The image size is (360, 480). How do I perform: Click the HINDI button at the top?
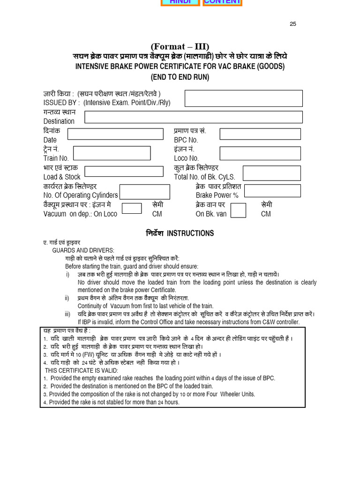(180, 2)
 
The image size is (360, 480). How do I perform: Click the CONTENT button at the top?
(223, 2)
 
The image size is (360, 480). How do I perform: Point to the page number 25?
(293, 24)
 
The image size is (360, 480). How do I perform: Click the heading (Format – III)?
(180, 46)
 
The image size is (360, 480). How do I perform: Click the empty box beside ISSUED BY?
(243, 98)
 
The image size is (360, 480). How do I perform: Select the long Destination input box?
(194, 117)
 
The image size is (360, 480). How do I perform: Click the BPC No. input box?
(260, 134)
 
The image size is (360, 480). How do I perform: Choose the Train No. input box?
(112, 153)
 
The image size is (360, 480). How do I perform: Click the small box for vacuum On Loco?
(132, 208)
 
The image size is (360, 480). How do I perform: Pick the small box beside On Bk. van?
(238, 210)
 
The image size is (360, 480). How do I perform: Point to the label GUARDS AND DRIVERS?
(83, 251)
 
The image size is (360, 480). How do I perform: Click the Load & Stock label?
(62, 177)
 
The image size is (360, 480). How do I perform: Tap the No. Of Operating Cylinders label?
(81, 195)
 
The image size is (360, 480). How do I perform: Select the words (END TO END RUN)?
(180, 77)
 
